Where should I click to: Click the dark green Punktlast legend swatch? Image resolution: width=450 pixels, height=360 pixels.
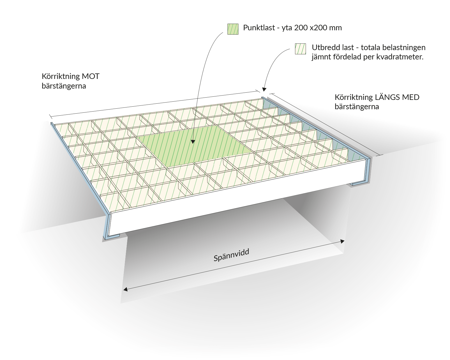click(233, 29)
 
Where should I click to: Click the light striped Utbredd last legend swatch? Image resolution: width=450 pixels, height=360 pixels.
click(300, 49)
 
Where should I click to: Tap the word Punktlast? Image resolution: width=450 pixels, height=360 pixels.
click(259, 28)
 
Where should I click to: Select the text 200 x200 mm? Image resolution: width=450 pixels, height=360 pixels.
click(318, 28)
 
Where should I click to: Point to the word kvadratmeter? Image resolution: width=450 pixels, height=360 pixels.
click(400, 57)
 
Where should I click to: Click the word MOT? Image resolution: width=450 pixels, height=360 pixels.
click(91, 76)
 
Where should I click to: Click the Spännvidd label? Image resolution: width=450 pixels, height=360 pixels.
click(231, 255)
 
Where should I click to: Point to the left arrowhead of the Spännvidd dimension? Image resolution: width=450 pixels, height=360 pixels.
click(126, 289)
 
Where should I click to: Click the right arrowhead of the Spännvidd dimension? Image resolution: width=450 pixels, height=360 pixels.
click(342, 241)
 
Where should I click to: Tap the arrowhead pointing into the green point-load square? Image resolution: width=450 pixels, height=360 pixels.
click(193, 142)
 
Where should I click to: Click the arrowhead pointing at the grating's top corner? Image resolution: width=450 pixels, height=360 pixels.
click(264, 89)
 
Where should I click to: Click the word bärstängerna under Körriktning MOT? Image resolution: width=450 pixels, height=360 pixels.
click(64, 86)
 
